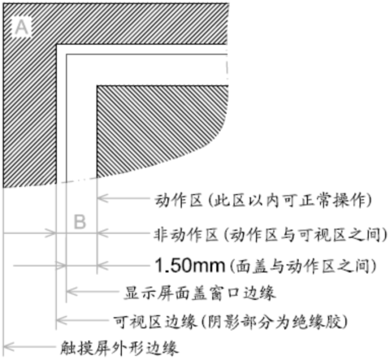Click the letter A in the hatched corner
[21, 28]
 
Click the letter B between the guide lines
[80, 222]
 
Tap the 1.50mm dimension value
[190, 266]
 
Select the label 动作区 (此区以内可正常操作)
[263, 201]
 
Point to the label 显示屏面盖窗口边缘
[200, 293]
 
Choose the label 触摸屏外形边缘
[119, 348]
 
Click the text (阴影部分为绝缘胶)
[275, 322]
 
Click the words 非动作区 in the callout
[186, 234]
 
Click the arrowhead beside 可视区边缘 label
[61, 320]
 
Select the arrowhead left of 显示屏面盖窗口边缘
[71, 292]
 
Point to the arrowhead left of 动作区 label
[102, 198]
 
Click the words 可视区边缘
[154, 322]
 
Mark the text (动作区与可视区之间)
[305, 234]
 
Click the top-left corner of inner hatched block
[97, 86]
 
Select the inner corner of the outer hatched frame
[56, 44]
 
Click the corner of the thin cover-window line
[67, 54]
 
